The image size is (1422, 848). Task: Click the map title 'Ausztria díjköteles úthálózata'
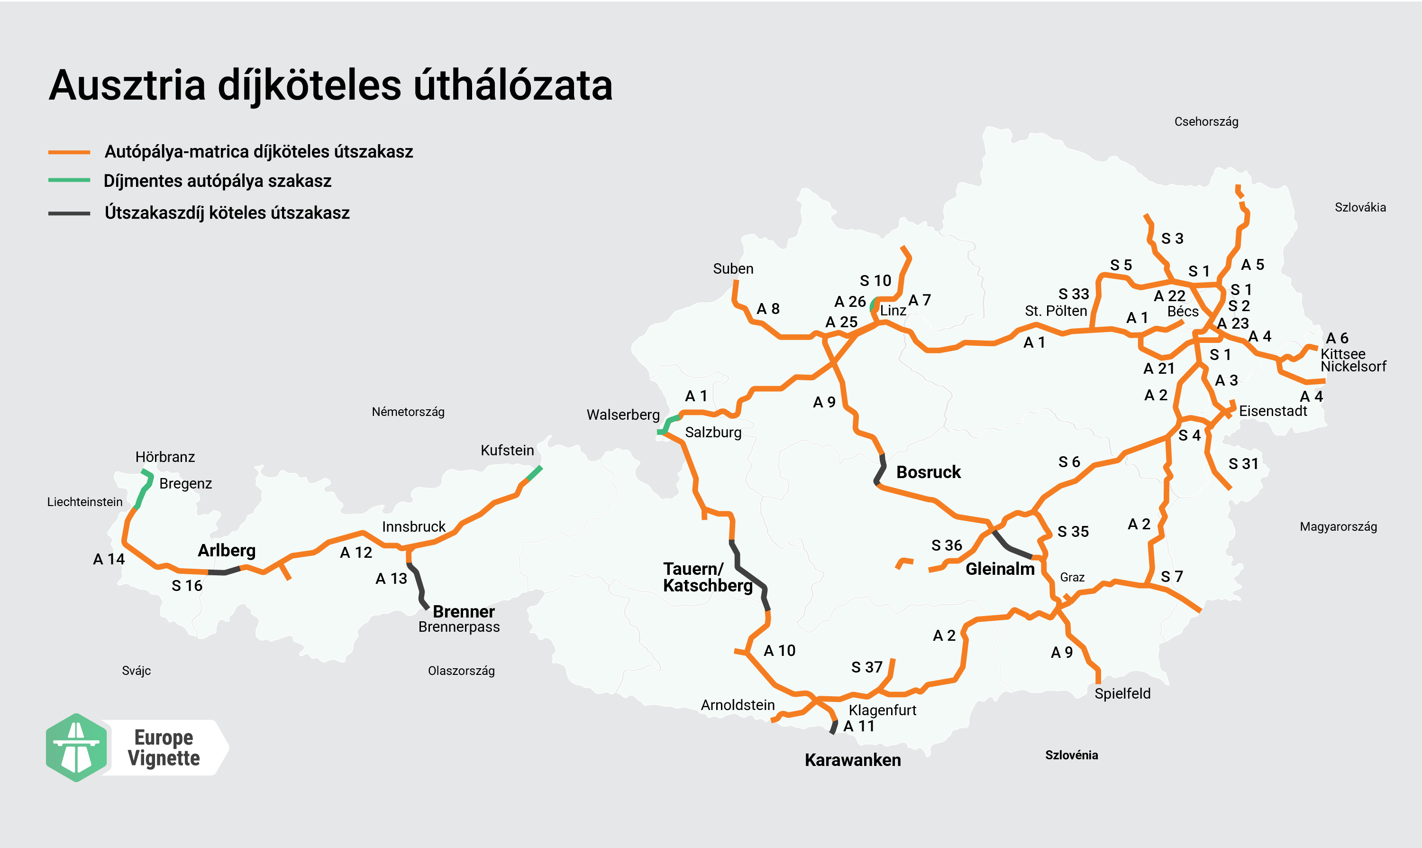330,86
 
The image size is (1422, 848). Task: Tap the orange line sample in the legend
69,152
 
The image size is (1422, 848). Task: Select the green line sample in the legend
69,180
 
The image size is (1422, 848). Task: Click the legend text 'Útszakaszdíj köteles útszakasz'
227,212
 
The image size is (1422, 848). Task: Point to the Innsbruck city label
413,526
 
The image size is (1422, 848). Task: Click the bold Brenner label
463,611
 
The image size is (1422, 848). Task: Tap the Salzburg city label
713,432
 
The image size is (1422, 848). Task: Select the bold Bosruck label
928,472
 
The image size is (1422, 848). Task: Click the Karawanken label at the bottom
853,760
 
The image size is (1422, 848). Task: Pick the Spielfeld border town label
1122,694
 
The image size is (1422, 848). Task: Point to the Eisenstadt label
1272,411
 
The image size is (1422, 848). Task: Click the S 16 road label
187,586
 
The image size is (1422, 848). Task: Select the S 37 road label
866,667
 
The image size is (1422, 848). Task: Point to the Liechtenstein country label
84,502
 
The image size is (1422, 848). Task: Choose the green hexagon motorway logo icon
76,747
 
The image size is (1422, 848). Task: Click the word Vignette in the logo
164,758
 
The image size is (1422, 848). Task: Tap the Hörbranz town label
165,457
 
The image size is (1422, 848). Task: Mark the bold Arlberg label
226,550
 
